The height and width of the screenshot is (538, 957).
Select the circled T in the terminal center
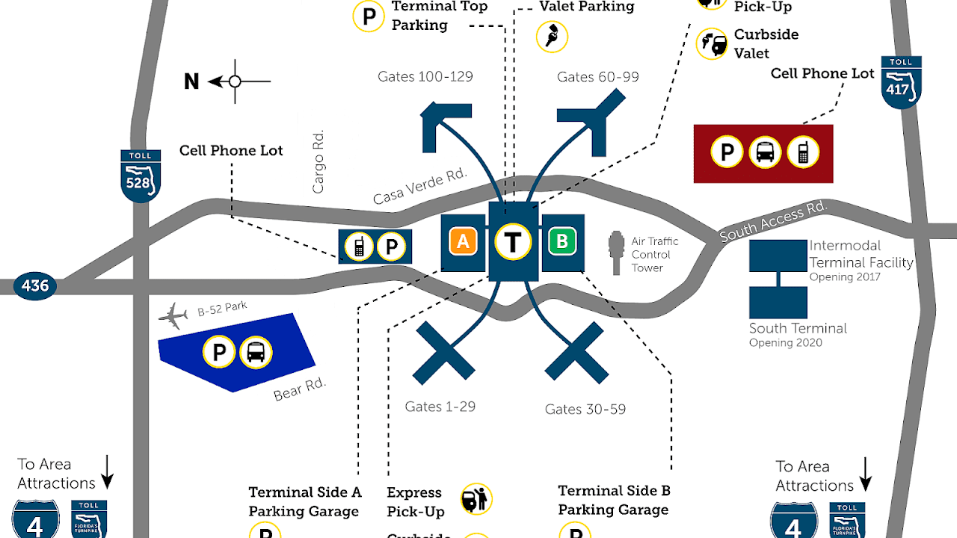tap(512, 241)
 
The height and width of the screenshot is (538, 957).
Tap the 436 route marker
tap(35, 285)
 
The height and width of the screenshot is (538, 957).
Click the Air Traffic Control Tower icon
tap(616, 253)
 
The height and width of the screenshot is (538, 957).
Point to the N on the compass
tap(192, 81)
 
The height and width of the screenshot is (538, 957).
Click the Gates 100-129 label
tap(425, 76)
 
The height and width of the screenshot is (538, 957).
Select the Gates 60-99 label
tap(597, 77)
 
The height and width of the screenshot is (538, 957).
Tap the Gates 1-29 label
tap(440, 406)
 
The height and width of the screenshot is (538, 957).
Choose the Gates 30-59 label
tap(585, 409)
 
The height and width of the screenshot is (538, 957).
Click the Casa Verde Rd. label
tap(419, 186)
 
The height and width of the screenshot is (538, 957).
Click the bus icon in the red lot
tap(764, 152)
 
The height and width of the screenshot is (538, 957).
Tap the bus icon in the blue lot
tap(256, 352)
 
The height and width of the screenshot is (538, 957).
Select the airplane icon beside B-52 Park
tap(173, 318)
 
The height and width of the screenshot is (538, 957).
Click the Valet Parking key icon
tap(553, 36)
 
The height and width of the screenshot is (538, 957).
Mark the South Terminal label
tap(798, 328)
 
